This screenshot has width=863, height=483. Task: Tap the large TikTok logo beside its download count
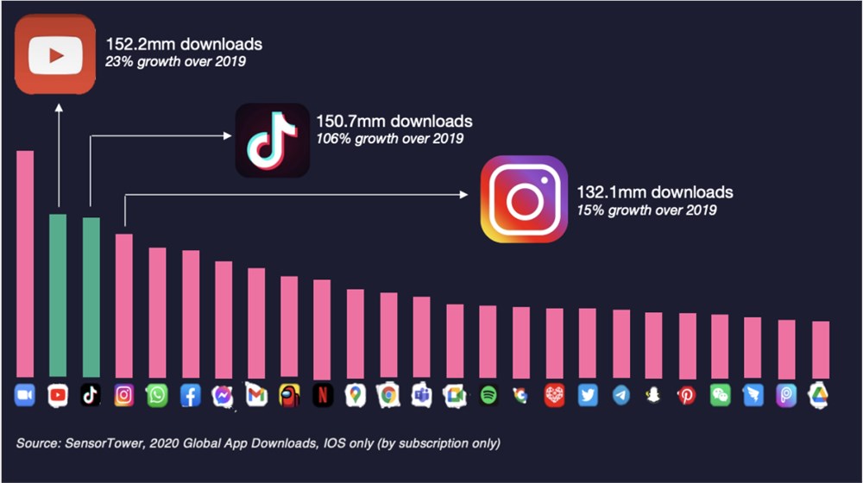[x=272, y=141]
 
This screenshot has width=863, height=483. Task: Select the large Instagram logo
[x=524, y=199]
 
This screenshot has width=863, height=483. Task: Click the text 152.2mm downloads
[x=184, y=44]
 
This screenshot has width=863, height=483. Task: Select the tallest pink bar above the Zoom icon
[x=25, y=263]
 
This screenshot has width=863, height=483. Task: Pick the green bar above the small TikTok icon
[x=91, y=297]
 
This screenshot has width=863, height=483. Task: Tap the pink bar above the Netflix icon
[x=322, y=329]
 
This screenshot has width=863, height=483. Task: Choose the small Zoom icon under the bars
[x=24, y=395]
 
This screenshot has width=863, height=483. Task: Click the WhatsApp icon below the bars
[x=157, y=395]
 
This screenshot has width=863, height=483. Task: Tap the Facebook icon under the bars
[x=190, y=395]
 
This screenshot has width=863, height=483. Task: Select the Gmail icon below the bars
[x=256, y=395]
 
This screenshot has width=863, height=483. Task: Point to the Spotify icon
[x=488, y=395]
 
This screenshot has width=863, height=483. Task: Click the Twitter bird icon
[x=588, y=395]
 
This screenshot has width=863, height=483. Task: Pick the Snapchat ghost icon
[x=653, y=395]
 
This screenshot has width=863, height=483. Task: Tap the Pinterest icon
[x=687, y=395]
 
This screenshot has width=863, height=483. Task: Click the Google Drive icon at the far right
[x=818, y=395]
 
